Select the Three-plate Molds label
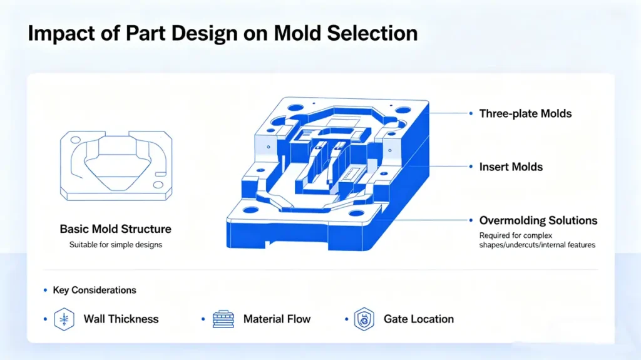[525, 113]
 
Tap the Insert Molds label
[511, 167]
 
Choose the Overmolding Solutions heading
[538, 220]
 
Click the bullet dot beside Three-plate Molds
[471, 113]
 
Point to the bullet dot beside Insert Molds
[471, 167]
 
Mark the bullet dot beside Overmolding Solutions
[471, 220]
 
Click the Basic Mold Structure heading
[115, 229]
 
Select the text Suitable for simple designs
[115, 244]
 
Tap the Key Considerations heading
[94, 290]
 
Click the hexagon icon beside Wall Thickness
[64, 319]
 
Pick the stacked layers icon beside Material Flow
[223, 319]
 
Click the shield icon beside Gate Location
[364, 319]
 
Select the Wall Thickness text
[121, 319]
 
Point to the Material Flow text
[277, 319]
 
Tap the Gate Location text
[418, 319]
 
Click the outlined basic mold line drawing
[116, 165]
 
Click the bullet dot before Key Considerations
[45, 290]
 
